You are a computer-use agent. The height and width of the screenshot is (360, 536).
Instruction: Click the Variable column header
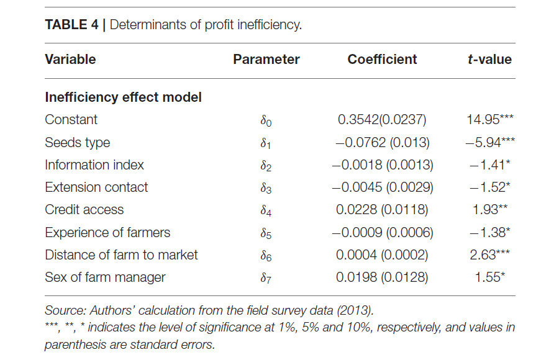tap(70, 60)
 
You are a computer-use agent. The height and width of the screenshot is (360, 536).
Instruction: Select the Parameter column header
tap(266, 60)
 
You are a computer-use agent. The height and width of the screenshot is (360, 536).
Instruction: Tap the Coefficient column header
tap(382, 60)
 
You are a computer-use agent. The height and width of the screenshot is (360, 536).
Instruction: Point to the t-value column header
tap(489, 60)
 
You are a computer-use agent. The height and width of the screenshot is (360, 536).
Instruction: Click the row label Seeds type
tap(78, 143)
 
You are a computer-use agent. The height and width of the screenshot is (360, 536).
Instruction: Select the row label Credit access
tap(84, 210)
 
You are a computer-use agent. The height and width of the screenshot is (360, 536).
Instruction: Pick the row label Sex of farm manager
tap(105, 277)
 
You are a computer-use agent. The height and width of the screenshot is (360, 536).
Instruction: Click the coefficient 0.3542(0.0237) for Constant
tap(382, 120)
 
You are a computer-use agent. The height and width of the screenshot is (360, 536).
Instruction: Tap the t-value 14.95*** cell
tap(490, 120)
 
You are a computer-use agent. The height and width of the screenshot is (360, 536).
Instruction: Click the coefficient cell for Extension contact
tap(383, 187)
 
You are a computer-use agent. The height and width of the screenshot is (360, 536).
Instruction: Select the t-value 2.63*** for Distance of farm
tap(490, 255)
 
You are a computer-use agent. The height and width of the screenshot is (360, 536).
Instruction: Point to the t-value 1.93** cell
tap(490, 210)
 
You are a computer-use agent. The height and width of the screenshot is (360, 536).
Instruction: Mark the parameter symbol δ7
tap(266, 278)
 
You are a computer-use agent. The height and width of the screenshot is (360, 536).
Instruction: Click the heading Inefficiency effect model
tap(123, 97)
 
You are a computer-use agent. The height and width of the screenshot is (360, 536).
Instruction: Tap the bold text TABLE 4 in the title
tap(71, 25)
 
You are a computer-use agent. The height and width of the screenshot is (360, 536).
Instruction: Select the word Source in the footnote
tap(65, 310)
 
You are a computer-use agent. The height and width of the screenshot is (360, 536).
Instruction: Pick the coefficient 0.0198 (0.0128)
tap(382, 277)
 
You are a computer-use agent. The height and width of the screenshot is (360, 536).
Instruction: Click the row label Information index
tap(94, 165)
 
